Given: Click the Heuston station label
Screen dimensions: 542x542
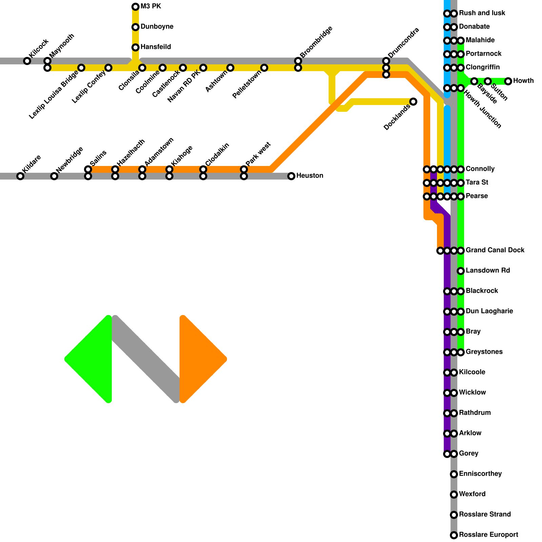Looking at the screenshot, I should click(310, 176).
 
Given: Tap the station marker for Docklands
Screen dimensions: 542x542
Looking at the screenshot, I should click(413, 102).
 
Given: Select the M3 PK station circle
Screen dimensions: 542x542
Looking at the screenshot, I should click(135, 7).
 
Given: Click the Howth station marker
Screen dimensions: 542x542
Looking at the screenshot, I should click(508, 81).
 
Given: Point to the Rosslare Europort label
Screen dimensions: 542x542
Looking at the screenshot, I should click(488, 535).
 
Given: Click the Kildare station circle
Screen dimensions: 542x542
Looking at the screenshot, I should click(20, 176).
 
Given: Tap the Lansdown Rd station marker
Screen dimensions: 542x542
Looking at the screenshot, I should click(461, 271).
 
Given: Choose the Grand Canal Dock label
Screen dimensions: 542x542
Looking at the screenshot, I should click(495, 250).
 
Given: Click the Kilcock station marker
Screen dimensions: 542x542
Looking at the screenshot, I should click(27, 61).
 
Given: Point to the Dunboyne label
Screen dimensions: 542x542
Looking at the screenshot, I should click(157, 27).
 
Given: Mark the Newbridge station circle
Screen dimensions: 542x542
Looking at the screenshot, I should click(54, 176).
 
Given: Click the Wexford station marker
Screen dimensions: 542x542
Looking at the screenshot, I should click(454, 495).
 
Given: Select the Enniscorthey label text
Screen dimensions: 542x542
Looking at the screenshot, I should click(480, 474).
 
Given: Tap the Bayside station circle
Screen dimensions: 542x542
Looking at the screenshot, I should click(474, 81).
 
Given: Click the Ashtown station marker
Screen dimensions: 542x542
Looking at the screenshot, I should click(230, 68).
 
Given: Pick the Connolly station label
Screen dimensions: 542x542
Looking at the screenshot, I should click(480, 169).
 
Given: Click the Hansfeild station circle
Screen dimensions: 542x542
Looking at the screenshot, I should click(135, 47).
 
